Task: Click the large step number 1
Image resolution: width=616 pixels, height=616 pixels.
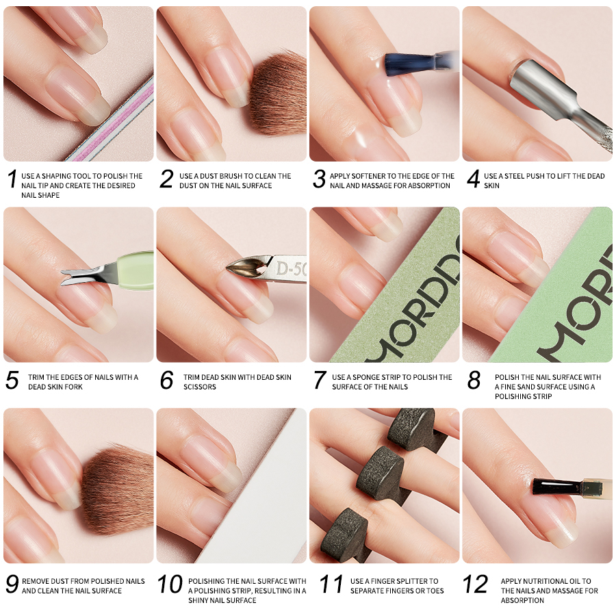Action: pos(12,179)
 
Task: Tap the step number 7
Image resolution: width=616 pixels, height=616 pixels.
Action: pos(320,380)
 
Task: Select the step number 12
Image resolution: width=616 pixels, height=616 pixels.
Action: pos(475,584)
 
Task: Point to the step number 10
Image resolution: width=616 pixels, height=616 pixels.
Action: pos(170,584)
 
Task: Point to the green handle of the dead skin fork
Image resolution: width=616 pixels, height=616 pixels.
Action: pos(135,270)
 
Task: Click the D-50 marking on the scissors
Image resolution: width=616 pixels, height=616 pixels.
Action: pos(291,268)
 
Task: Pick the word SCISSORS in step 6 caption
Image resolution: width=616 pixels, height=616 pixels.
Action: pos(200,387)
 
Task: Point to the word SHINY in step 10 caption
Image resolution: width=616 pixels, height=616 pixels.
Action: pos(198,600)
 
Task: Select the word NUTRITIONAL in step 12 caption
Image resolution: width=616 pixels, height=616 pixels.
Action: pos(552,581)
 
